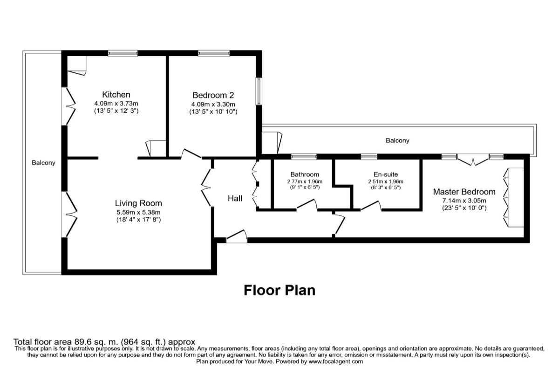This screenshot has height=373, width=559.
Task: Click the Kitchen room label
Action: click(x=116, y=95)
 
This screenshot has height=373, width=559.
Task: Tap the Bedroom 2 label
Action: click(x=213, y=95)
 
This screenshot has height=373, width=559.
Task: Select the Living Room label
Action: click(x=138, y=203)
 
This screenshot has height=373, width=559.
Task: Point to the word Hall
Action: click(x=235, y=199)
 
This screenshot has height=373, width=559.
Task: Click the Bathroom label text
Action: click(x=305, y=174)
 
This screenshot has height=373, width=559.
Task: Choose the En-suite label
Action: click(x=386, y=174)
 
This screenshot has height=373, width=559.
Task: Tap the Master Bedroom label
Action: click(x=464, y=192)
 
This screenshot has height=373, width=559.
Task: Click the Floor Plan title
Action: click(x=279, y=290)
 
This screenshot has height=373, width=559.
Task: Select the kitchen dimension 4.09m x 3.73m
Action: click(x=116, y=104)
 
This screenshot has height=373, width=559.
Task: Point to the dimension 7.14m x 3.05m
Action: click(x=464, y=200)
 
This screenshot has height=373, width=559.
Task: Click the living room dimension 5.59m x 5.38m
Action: click(x=138, y=212)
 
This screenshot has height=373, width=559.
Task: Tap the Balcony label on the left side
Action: click(x=43, y=163)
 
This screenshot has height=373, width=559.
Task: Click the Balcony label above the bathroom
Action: click(x=397, y=140)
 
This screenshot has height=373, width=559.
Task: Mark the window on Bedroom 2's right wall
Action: click(x=259, y=91)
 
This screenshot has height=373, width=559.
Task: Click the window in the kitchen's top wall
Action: click(x=123, y=53)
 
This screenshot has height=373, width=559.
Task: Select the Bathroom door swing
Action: click(x=307, y=204)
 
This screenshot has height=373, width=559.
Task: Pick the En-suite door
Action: click(x=371, y=206)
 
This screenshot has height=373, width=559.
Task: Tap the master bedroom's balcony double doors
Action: click(x=473, y=160)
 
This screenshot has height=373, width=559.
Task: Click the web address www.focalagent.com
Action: click(x=336, y=361)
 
